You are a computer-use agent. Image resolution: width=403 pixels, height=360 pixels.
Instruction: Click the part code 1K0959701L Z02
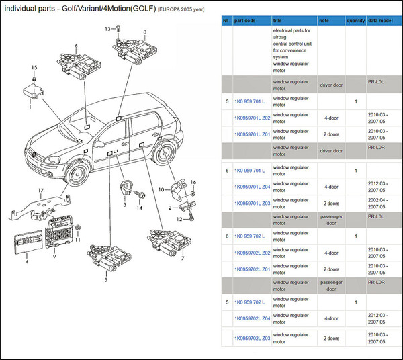click(252, 118)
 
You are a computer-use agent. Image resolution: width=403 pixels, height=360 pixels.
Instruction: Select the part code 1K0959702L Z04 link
click(252, 318)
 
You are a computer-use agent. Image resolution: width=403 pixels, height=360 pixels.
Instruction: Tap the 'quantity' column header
click(356, 21)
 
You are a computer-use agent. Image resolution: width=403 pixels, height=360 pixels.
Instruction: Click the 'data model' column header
click(380, 21)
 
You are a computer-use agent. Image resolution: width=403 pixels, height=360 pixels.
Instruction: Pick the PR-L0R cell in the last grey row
click(376, 282)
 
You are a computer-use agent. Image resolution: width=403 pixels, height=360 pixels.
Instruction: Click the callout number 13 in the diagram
click(107, 29)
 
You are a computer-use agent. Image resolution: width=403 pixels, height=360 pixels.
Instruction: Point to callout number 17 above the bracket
click(41, 191)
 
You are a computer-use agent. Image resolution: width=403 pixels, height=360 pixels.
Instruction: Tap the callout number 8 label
click(145, 32)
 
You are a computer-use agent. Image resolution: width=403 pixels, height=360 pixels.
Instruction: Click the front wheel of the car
click(77, 173)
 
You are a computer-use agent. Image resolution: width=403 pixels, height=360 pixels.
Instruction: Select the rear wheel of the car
click(165, 154)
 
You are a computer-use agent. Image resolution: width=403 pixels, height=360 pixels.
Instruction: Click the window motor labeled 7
click(169, 242)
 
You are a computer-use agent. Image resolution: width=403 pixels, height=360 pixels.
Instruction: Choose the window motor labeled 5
click(109, 257)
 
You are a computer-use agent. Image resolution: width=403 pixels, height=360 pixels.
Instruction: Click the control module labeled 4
click(28, 242)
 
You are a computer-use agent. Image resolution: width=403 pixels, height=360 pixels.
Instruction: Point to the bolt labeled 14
click(140, 194)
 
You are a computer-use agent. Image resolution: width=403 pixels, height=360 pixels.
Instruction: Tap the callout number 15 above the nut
click(34, 68)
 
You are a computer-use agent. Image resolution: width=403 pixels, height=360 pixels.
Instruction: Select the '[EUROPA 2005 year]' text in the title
click(181, 10)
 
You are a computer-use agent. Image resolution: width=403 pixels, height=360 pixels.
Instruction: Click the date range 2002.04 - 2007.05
click(377, 204)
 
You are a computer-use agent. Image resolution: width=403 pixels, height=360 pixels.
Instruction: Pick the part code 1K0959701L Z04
click(252, 187)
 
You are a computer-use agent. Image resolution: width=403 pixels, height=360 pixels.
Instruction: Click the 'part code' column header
click(244, 21)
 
